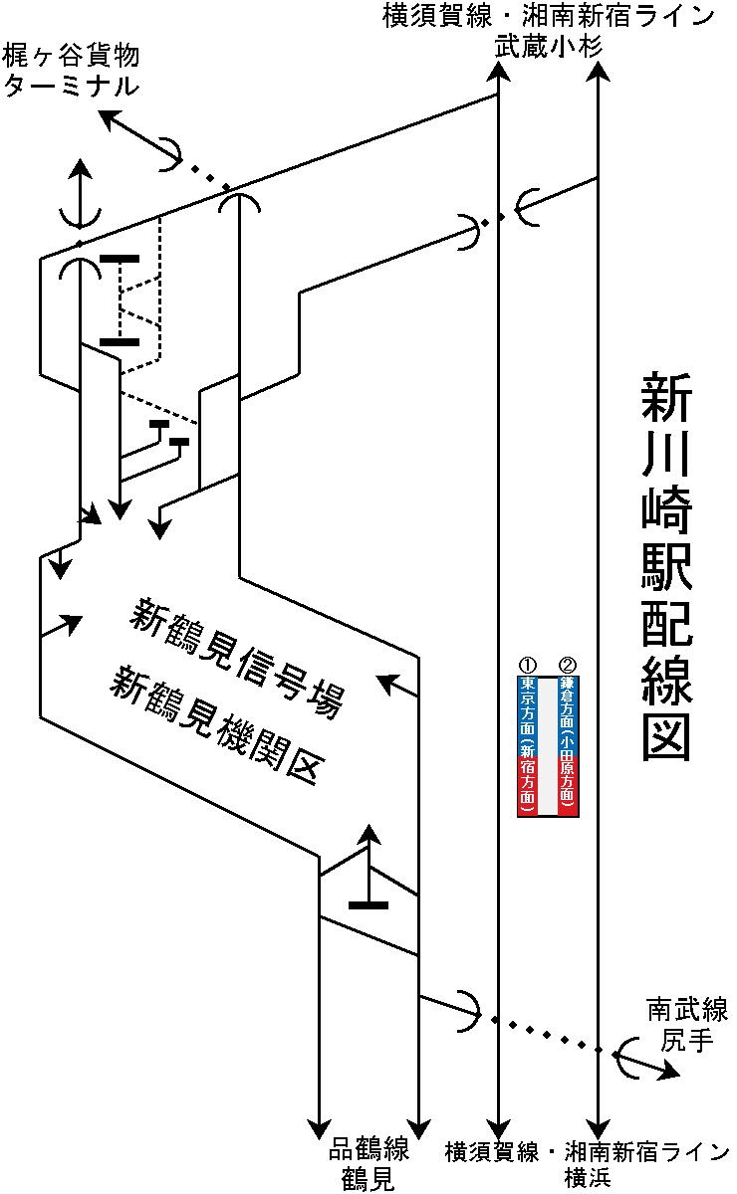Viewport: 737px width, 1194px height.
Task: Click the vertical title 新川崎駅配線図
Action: [664, 567]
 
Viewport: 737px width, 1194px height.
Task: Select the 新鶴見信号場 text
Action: [236, 657]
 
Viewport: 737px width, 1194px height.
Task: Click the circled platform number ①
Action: [528, 665]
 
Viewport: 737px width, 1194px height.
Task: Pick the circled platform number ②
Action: [568, 665]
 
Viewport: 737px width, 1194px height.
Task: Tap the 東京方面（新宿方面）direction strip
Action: [528, 746]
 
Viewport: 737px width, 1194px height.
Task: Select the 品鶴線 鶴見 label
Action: [368, 1164]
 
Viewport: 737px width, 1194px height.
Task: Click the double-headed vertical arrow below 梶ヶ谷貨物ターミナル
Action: [80, 195]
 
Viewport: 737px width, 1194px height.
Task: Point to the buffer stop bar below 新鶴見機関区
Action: [368, 904]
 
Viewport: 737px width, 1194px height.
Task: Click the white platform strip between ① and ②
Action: [548, 746]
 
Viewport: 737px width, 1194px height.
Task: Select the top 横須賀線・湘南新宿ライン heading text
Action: [549, 16]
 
